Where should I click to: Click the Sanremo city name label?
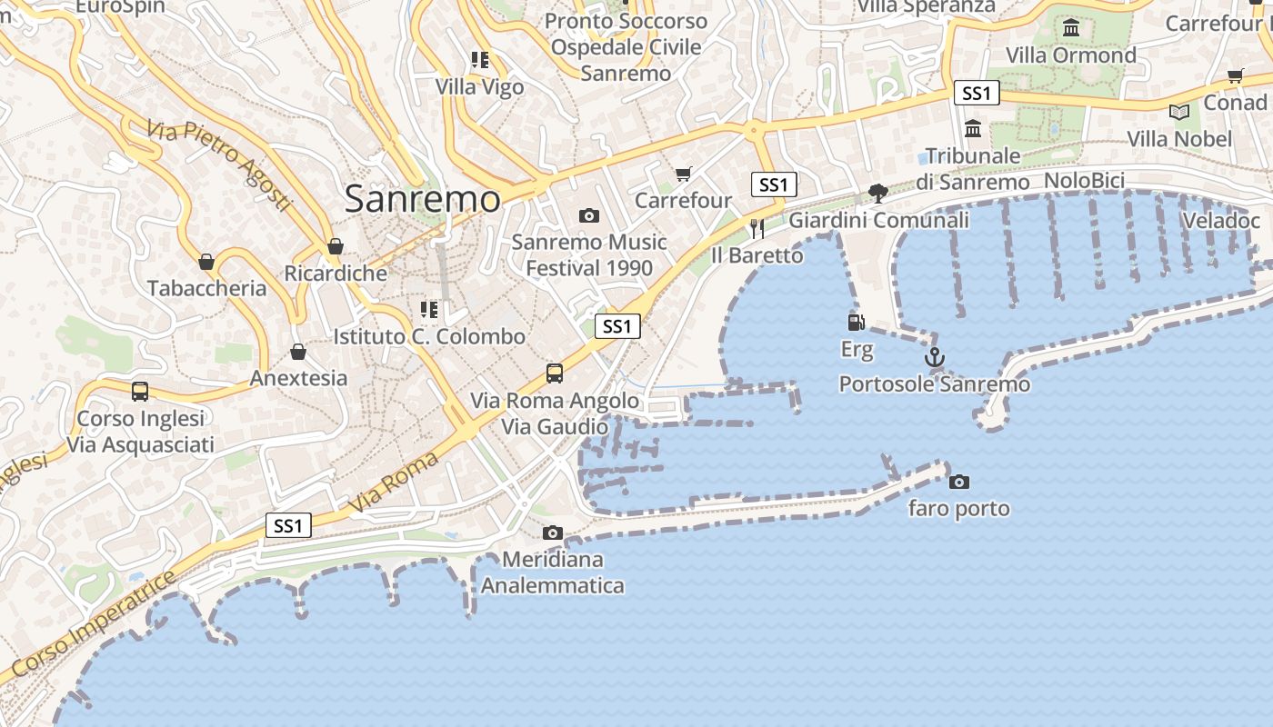(x=422, y=199)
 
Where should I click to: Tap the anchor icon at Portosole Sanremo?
(x=935, y=358)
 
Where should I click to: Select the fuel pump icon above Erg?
(x=856, y=322)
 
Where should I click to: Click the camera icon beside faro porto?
(x=959, y=482)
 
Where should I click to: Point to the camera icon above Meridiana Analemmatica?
(x=552, y=533)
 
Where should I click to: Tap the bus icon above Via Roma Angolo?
(x=555, y=373)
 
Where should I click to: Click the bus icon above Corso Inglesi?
(x=140, y=392)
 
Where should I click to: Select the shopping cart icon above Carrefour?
(x=684, y=174)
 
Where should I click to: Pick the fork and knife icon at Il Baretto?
(x=757, y=228)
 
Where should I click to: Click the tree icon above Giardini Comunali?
(x=877, y=193)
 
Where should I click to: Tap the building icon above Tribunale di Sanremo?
(x=973, y=129)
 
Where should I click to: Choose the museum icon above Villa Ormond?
(x=1071, y=28)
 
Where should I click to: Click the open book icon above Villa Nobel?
(x=1178, y=113)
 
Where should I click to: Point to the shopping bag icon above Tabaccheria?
(x=206, y=262)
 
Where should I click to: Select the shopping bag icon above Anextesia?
(x=298, y=352)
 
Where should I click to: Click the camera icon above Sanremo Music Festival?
(x=589, y=216)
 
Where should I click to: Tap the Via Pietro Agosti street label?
(x=218, y=164)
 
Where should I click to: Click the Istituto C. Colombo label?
(x=429, y=336)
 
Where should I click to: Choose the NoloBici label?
(x=1084, y=180)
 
